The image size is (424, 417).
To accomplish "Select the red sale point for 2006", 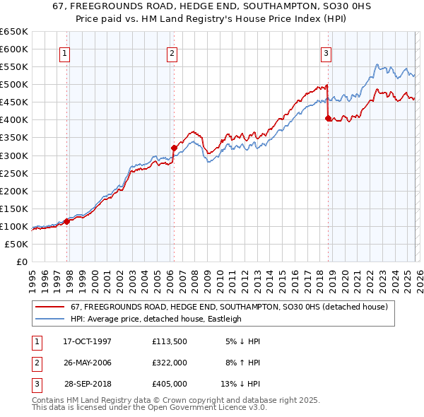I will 174,148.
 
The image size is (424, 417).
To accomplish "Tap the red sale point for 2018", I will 328,119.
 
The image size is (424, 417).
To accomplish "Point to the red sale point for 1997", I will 67,221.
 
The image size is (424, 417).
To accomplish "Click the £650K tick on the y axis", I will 14,32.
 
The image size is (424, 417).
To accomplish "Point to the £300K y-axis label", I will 14,155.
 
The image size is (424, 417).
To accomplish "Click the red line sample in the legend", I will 50,307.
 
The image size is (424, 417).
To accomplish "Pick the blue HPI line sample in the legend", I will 50,319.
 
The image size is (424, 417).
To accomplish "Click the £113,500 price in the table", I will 169,341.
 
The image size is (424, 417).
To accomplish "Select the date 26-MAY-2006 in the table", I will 87,362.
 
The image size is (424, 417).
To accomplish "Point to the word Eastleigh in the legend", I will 223,319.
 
